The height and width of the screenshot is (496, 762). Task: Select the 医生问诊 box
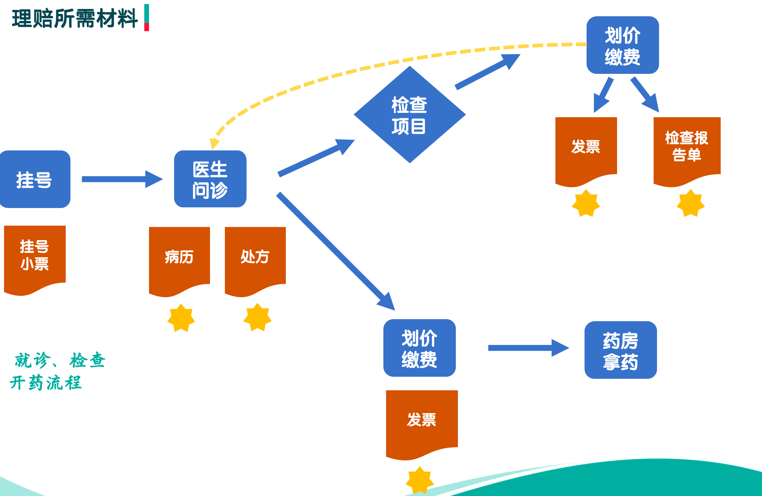pos(210,179)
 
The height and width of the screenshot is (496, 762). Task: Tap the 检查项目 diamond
pos(409,115)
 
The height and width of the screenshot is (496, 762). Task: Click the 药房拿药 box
pos(620,350)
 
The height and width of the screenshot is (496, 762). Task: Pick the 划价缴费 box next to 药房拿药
pos(419,348)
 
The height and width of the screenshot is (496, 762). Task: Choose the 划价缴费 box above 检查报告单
pos(622,45)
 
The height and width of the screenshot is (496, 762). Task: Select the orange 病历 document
pos(179,257)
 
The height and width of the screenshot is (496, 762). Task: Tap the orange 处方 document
pos(255,257)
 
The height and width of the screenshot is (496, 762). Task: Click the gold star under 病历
pos(181,318)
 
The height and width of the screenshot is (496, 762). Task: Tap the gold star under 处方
pos(257,317)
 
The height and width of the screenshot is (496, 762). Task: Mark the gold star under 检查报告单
pos(691,203)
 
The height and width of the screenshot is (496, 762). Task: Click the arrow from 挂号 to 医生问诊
pos(122,179)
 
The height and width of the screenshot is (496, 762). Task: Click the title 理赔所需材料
pos(75,18)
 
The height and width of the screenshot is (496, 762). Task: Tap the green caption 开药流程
pos(46,383)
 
